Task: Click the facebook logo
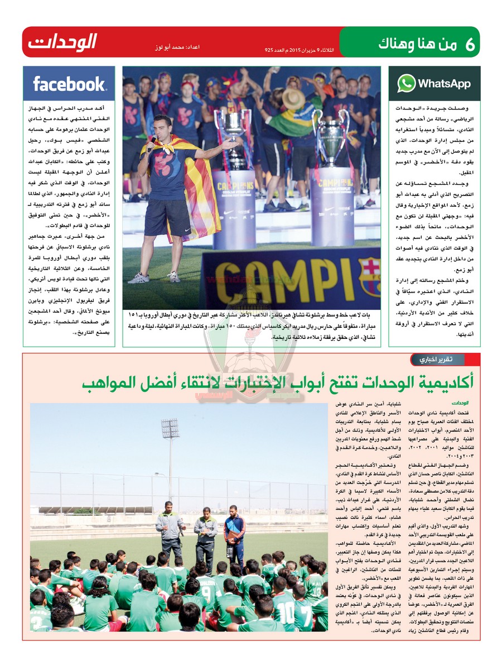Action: pos(69,84)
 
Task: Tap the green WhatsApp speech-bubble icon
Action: pos(406,84)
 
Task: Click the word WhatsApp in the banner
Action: pos(444,84)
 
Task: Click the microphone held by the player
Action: pos(151,140)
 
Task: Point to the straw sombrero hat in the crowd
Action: pos(293,98)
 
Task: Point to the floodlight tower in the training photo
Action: pos(170,435)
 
